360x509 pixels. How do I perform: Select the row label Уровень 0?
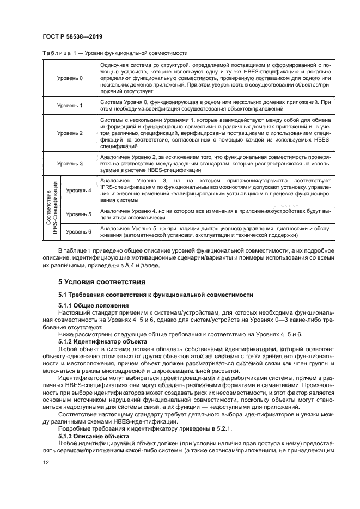[70, 78]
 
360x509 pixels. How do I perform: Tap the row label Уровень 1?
[70, 106]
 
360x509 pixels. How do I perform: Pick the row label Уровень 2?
[70, 133]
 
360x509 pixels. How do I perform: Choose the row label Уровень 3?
[70, 163]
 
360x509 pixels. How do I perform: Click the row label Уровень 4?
[78, 190]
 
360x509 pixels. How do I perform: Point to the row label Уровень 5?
[78, 214]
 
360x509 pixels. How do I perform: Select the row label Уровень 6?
[78, 232]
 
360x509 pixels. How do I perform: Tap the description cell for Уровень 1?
[214, 106]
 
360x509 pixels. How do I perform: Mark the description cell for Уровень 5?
[214, 214]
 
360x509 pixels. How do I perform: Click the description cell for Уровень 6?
[214, 232]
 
